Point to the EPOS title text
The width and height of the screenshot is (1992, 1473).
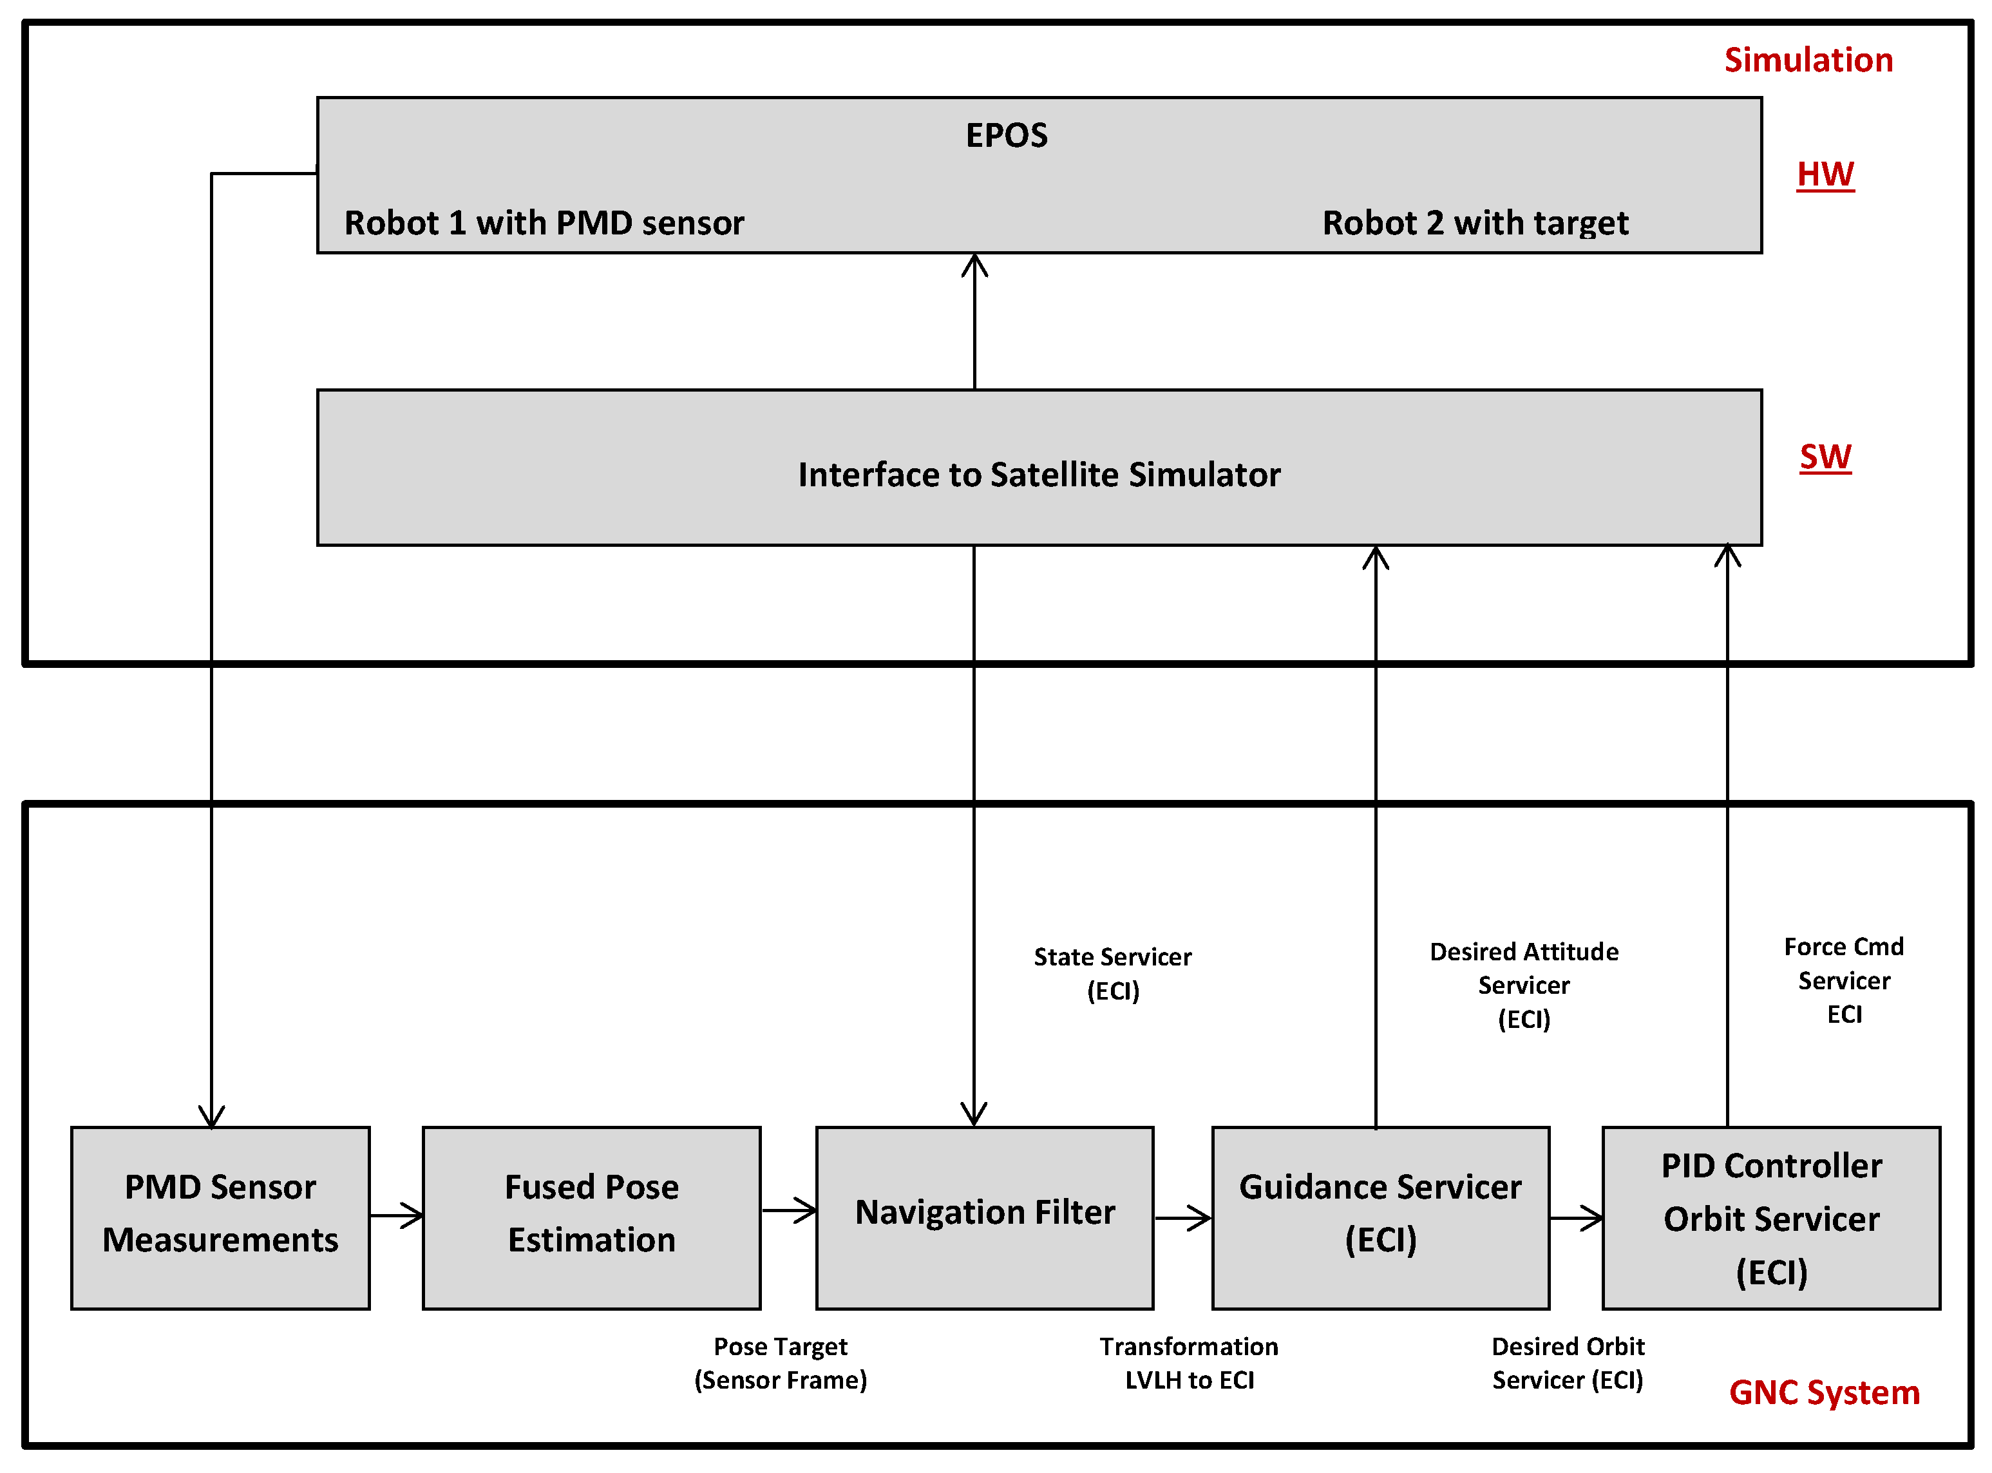(1006, 135)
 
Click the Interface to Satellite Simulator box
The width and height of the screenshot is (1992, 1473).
(1038, 473)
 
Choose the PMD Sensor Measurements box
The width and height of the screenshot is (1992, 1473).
(220, 1217)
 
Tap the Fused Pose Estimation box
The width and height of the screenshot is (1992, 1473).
(591, 1217)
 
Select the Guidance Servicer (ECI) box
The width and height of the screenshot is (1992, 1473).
(1380, 1217)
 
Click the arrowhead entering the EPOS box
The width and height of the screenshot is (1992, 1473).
(974, 265)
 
